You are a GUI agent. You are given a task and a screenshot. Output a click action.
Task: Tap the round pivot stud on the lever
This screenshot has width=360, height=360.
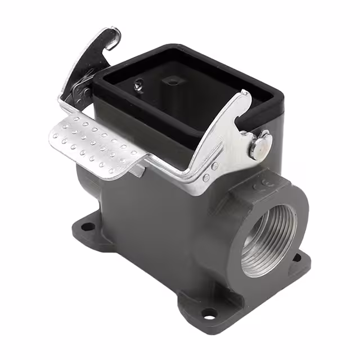tap(260, 145)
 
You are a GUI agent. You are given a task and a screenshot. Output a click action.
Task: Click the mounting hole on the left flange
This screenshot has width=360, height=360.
tap(88, 227)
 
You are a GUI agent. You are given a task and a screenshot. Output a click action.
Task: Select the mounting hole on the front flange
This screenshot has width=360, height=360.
tap(209, 313)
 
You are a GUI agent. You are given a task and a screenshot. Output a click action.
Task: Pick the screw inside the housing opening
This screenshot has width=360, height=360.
tap(138, 85)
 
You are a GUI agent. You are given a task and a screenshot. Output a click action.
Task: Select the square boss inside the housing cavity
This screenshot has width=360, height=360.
tap(172, 80)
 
